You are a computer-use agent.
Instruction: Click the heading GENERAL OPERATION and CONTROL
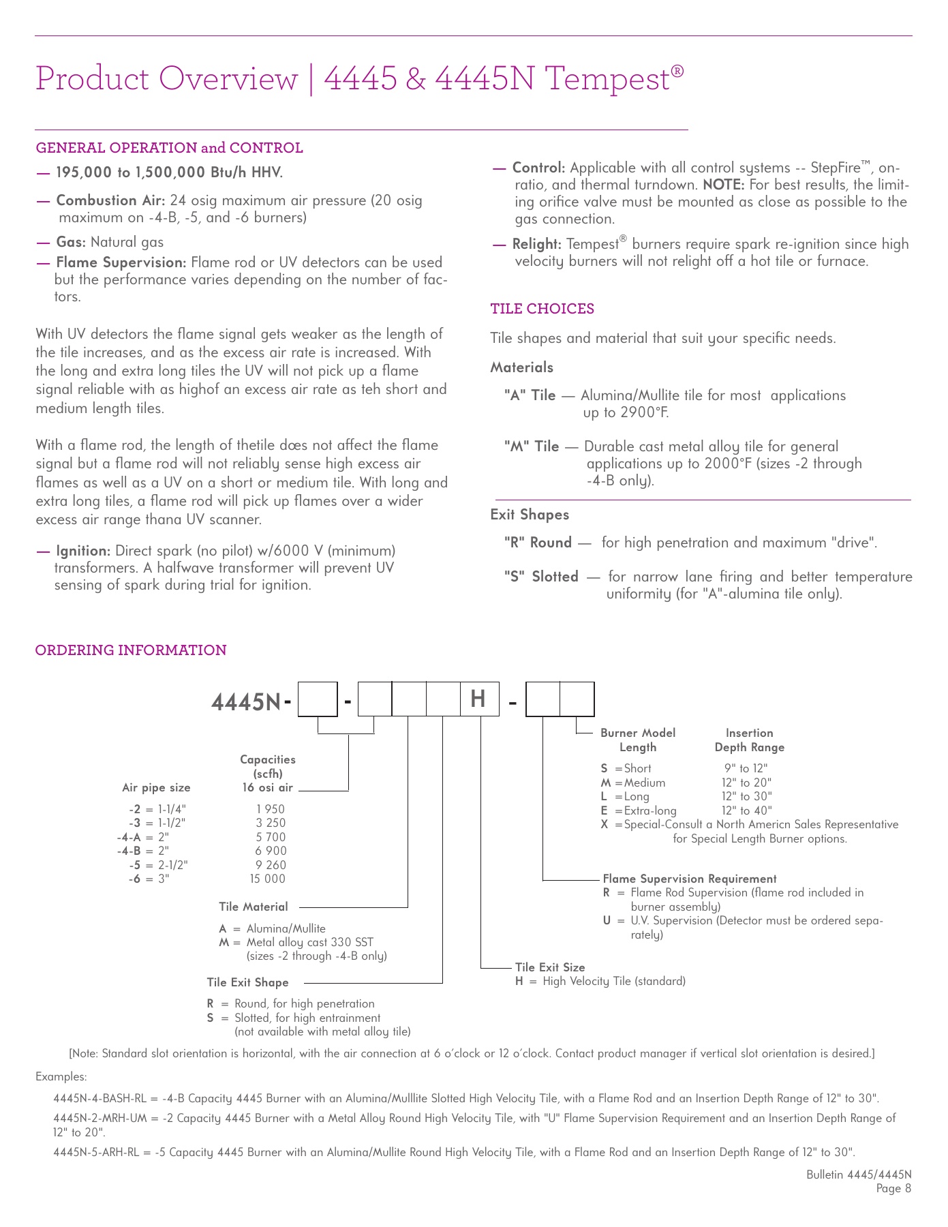coord(169,148)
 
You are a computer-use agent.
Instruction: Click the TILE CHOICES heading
coord(542,309)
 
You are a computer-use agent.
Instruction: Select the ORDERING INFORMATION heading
coord(131,650)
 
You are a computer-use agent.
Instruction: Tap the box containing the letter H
coord(479,699)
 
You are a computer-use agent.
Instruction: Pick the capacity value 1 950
coord(271,809)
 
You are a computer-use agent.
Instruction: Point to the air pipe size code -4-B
coord(129,851)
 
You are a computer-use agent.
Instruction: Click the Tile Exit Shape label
coord(247,982)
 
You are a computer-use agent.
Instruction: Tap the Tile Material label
coord(253,907)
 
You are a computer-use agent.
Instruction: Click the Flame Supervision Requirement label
coord(689,879)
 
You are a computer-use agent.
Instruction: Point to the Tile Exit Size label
coord(549,967)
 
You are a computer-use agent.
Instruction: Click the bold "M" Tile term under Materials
coord(532,446)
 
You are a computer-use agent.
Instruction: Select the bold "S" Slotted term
coord(541,577)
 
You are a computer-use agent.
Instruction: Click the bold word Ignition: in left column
coord(83,551)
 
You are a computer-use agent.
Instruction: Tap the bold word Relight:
coord(536,244)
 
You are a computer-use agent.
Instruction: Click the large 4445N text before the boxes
coord(246,701)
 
